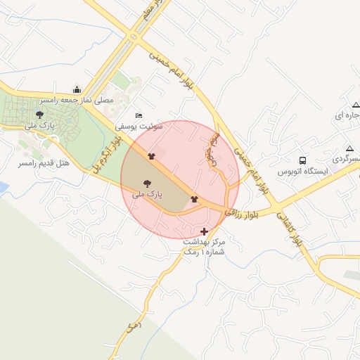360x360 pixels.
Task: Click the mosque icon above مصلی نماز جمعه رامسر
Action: tap(77, 90)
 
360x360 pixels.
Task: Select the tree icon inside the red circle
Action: tap(147, 180)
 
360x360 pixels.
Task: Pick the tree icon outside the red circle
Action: tap(39, 114)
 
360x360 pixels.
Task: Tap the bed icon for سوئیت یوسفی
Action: tap(139, 115)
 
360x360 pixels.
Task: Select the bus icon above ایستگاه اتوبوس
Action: tap(302, 160)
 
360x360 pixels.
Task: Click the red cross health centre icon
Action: tap(204, 231)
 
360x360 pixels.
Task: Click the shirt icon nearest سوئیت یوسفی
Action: tap(151, 155)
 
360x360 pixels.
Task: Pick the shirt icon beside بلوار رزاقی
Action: tap(194, 199)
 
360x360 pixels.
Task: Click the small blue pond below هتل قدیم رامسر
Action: tap(3, 187)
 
